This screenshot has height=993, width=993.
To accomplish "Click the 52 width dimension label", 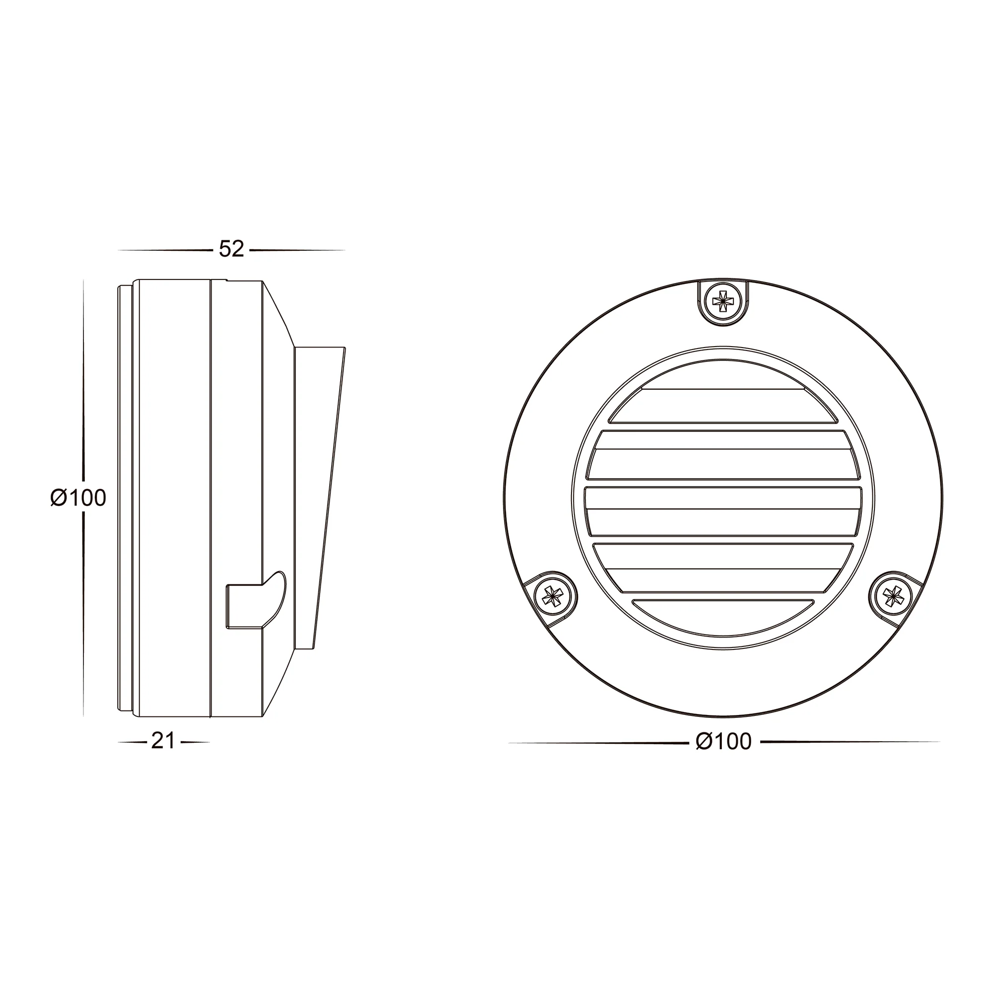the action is point(231,249).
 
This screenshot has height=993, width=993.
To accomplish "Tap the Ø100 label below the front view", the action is point(724,741).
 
